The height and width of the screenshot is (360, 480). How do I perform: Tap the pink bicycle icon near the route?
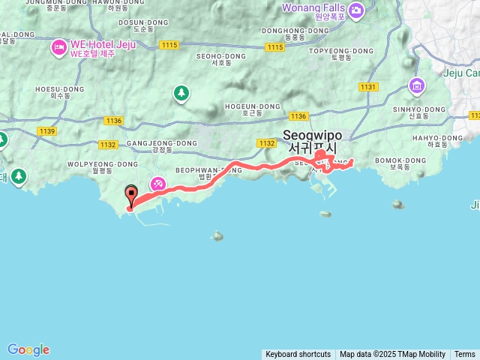pos(158,183)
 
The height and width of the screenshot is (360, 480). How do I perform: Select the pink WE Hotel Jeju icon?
pos(58,48)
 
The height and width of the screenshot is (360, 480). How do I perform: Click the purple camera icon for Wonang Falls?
pos(355,10)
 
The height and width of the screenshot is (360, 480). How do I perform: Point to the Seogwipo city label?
pos(313,142)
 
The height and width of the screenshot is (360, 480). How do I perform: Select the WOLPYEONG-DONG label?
pos(103,163)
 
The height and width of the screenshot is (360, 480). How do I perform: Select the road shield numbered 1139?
pos(46,131)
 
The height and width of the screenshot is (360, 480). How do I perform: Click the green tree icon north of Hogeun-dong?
pos(181,93)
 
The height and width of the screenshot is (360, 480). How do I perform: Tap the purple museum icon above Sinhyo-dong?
pos(416,87)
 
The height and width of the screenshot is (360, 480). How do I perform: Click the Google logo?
pos(28,349)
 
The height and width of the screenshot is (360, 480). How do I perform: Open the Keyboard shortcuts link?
pos(298,354)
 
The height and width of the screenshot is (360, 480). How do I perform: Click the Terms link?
pos(465,354)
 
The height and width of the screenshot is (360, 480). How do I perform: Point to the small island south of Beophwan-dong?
pos(217,235)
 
